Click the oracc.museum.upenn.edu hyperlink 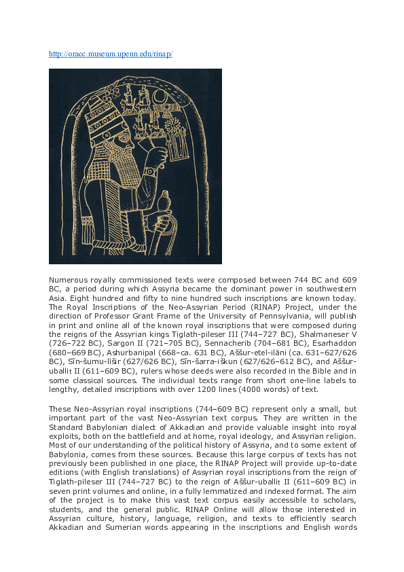pyautogui.click(x=111, y=54)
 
